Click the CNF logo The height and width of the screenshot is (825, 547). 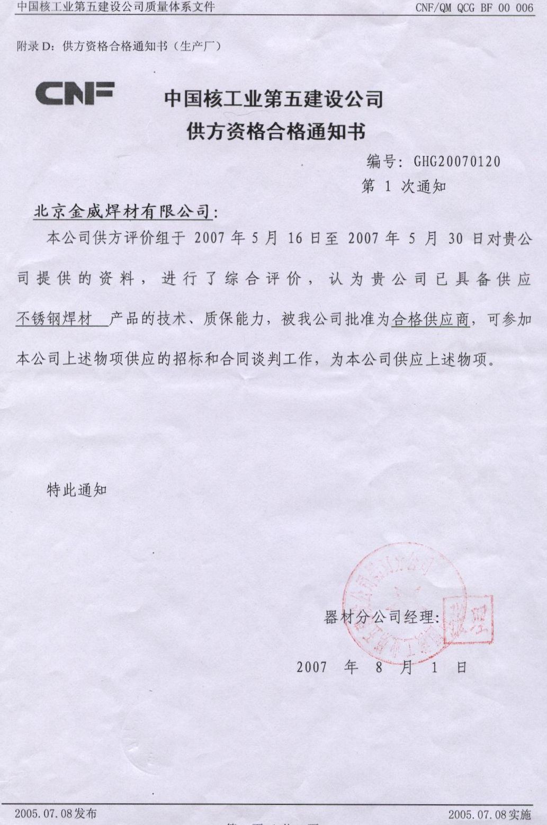point(75,93)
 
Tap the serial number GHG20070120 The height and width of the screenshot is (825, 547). point(457,162)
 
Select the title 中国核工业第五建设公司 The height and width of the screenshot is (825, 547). point(273,99)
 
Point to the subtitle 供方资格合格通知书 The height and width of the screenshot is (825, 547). point(276,131)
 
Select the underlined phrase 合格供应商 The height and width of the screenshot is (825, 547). point(431,319)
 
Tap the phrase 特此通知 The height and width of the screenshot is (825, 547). point(77,490)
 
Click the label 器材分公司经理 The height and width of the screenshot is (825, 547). point(379,617)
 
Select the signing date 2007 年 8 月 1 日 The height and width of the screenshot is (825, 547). point(381,667)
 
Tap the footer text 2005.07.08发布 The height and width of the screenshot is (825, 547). point(56,813)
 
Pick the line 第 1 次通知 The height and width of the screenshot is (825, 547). point(403,186)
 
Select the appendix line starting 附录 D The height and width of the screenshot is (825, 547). point(119,46)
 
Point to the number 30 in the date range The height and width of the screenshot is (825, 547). point(455,239)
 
